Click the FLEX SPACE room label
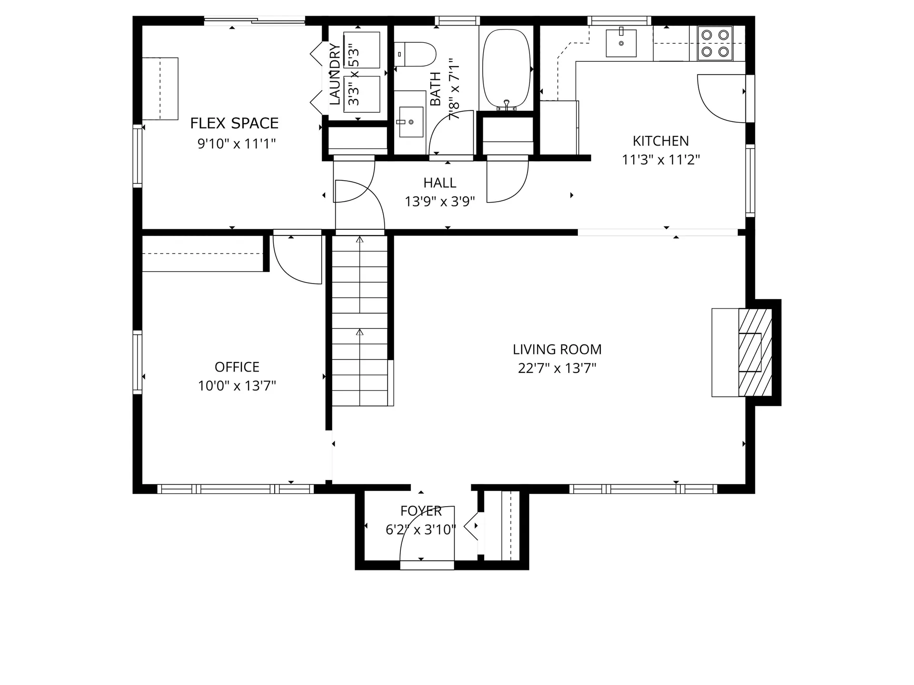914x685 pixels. pos(234,123)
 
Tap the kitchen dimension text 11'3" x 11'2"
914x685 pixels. pos(661,160)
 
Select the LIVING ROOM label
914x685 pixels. pos(557,350)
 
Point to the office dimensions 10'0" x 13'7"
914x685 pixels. pos(237,386)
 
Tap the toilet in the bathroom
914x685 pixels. pos(415,54)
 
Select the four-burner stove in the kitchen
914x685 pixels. pos(715,43)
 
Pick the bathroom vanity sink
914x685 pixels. pos(411,122)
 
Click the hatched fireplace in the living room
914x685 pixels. pos(755,352)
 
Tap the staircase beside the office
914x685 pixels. pos(360,321)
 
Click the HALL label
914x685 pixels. pos(439,183)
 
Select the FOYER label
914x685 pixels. pos(421,511)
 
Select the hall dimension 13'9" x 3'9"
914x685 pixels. pos(439,202)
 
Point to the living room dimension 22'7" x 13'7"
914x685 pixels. pos(557,368)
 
